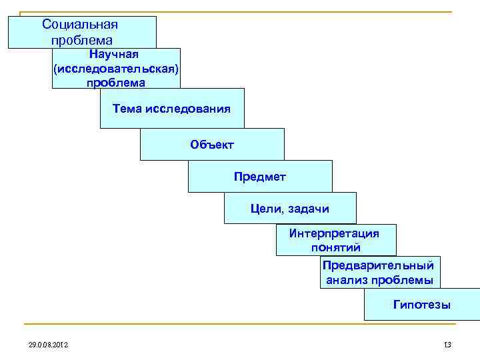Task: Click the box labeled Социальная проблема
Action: [x=81, y=32]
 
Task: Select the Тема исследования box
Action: [x=172, y=108]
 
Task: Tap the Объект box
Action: [x=212, y=144]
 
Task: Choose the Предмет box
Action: [x=259, y=176]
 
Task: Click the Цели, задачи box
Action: [x=289, y=209]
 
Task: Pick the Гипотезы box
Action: [x=421, y=305]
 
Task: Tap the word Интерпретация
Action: [x=334, y=233]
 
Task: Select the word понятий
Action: [x=335, y=247]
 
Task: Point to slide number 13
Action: [x=447, y=344]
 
